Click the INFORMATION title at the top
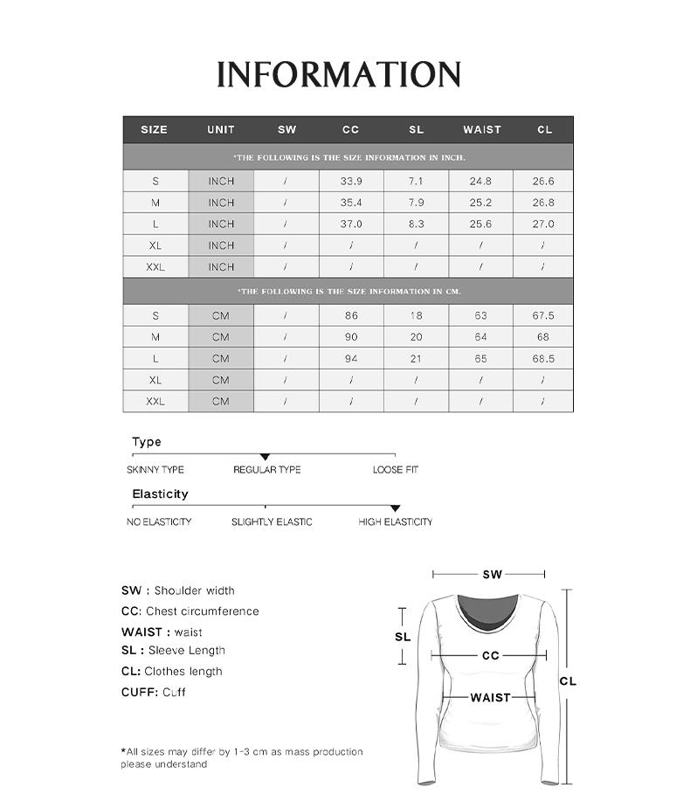339,75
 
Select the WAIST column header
482,129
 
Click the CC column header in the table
350,129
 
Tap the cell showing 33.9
351,181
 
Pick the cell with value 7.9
416,203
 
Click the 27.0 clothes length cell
543,224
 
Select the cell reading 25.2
480,203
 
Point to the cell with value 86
351,315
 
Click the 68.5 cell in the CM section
543,358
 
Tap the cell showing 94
351,358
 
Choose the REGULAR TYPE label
266,470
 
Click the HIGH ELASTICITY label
395,521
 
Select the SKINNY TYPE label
155,470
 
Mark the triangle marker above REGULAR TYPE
266,457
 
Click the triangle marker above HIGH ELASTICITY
395,508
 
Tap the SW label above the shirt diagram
492,575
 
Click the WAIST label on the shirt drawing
490,697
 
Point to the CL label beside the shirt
568,681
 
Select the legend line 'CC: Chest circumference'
190,611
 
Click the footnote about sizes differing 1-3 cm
241,757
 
